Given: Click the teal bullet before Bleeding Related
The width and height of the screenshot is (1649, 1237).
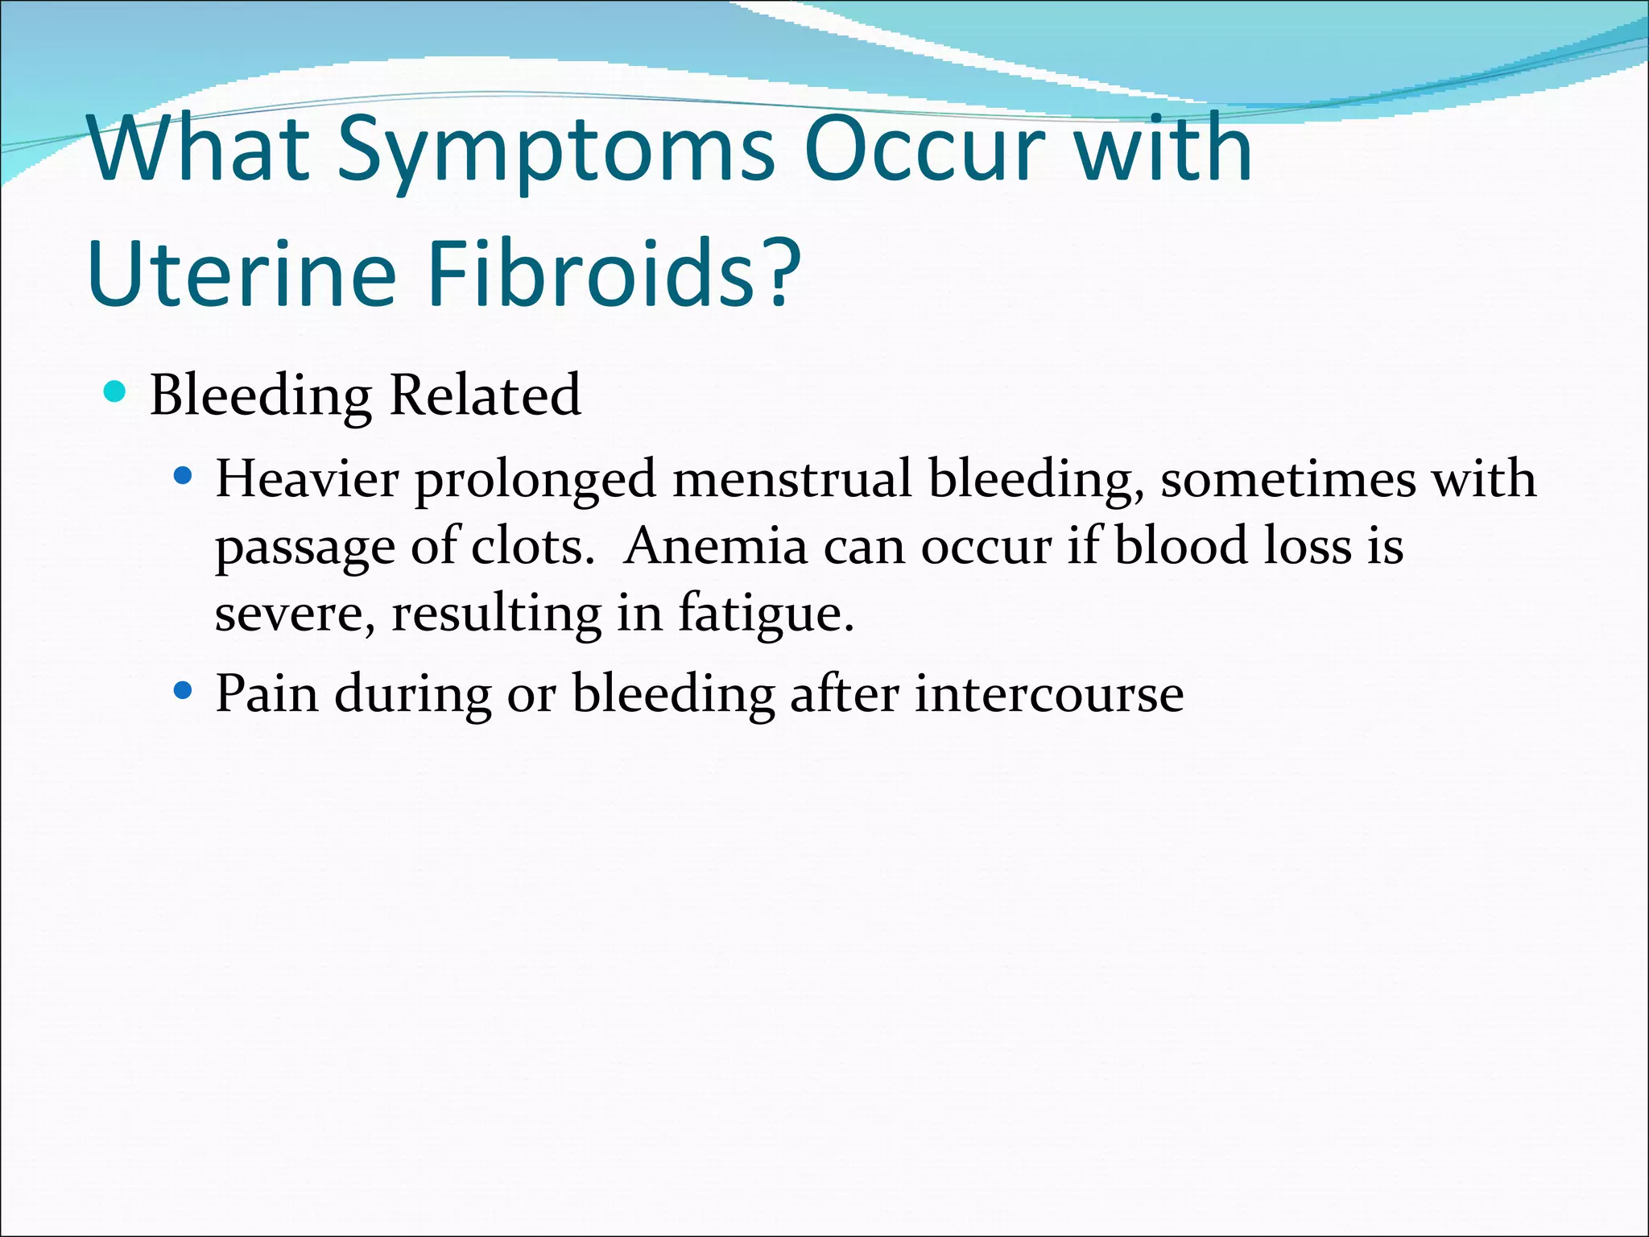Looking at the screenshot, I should coord(116,392).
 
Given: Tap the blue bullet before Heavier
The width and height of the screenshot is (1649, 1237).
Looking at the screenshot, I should coord(184,477).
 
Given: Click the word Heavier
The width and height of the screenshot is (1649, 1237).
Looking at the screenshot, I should coord(307,479).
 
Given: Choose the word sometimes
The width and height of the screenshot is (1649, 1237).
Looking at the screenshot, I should coord(1287,479).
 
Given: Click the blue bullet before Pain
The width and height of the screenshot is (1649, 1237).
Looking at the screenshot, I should coord(184,691).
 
